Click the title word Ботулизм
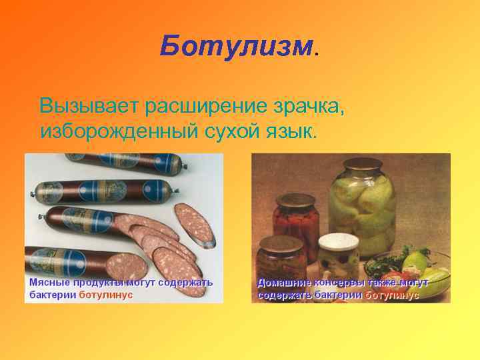click(x=236, y=47)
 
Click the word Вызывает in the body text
click(x=87, y=106)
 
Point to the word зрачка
click(x=308, y=106)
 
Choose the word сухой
click(x=230, y=130)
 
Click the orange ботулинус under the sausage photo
click(x=106, y=295)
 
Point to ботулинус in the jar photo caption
click(x=392, y=295)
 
